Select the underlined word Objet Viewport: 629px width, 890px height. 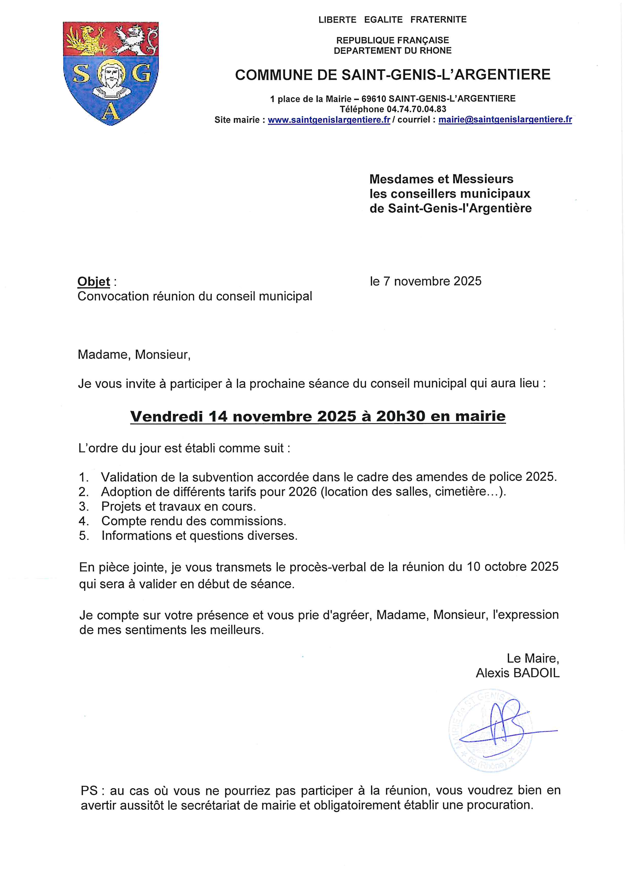[x=94, y=281]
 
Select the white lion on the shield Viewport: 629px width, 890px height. [x=135, y=39]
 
